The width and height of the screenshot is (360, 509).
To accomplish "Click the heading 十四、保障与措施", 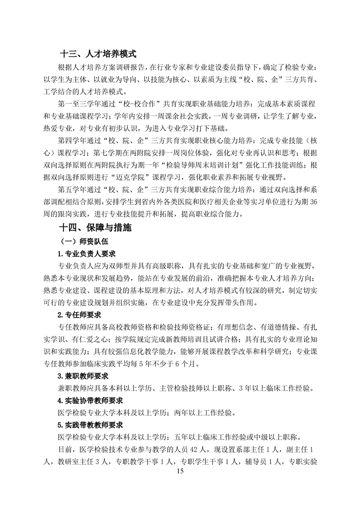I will pyautogui.click(x=96, y=228).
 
